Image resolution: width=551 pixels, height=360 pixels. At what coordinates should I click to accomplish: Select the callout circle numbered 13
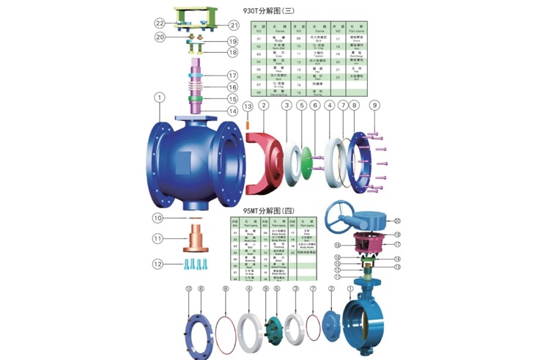coord(247,108)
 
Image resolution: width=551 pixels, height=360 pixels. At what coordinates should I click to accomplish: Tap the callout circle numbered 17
coord(232,76)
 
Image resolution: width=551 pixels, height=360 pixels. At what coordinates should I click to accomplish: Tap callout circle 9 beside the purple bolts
coord(374,106)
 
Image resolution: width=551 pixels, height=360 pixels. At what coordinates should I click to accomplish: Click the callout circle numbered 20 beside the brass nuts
coord(159,37)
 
